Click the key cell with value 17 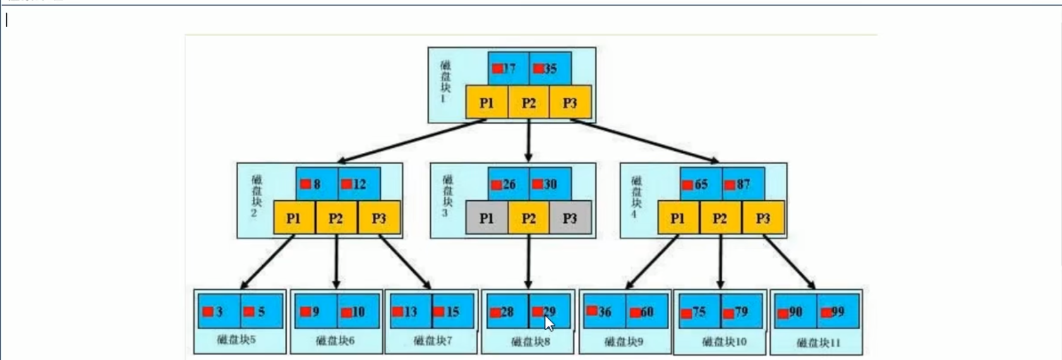508,68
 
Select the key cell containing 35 550,68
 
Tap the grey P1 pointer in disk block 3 486,218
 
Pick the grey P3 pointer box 570,218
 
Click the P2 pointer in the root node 529,102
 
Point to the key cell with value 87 743,184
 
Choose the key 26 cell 508,184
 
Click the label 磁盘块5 236,340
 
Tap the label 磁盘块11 818,343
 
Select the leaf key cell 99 837,311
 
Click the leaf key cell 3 219,311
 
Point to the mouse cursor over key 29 549,323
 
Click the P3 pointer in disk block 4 763,218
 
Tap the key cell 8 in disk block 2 316,184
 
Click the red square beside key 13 397,311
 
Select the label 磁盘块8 530,342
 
